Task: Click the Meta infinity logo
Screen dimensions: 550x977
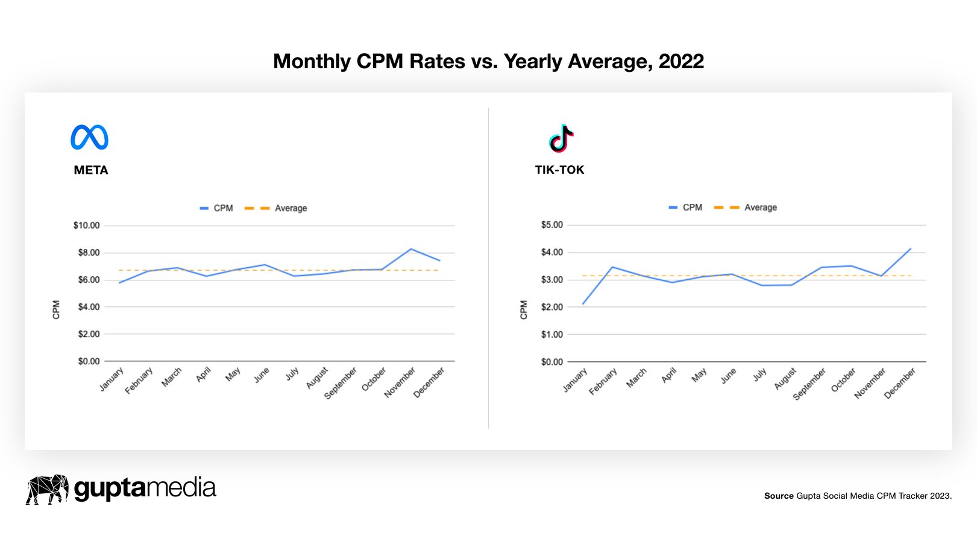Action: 89,137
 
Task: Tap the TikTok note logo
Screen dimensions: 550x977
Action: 561,138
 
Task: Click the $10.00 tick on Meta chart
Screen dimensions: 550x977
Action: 86,226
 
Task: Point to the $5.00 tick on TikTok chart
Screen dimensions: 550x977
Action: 551,225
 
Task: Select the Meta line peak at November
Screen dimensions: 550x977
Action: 411,249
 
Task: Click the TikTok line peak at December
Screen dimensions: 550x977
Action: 910,248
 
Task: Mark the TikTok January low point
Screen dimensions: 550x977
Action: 583,303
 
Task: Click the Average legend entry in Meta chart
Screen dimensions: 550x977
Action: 291,208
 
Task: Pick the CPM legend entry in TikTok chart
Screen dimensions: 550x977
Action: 692,207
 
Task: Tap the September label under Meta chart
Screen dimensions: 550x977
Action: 341,383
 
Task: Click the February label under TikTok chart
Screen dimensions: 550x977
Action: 603,382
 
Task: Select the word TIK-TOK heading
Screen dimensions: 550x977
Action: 559,170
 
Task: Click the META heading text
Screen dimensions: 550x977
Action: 91,170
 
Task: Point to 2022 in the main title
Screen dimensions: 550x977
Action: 681,62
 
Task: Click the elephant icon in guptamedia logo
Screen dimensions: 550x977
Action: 47,489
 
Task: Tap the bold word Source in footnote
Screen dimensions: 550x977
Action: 779,496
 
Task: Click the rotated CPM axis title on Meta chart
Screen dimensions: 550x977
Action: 56,309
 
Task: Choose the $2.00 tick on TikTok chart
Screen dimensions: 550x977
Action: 551,307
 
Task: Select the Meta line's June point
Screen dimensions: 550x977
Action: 264,265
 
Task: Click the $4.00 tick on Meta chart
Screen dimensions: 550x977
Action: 89,307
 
